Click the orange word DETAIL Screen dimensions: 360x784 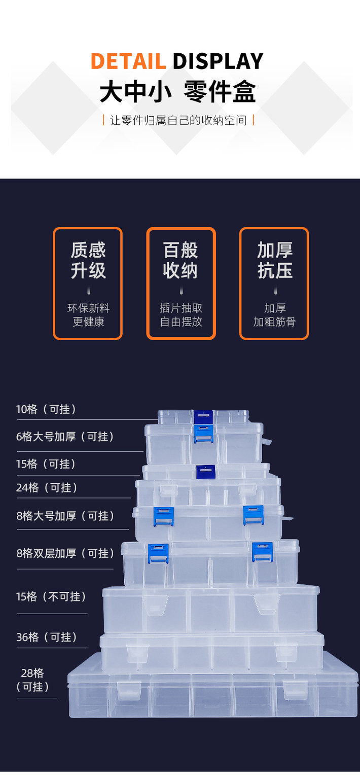[128, 61]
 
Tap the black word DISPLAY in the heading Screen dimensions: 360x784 [218, 61]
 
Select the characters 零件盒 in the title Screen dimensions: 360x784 [220, 92]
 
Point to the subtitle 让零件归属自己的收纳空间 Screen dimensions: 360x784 [178, 121]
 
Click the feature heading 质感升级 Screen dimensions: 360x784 [88, 260]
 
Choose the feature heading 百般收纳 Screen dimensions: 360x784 [181, 260]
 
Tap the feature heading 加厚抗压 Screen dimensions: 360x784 [274, 260]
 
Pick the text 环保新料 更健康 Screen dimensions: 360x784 [88, 315]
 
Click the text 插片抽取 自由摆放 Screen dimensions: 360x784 [181, 315]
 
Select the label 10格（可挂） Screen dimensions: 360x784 [47, 409]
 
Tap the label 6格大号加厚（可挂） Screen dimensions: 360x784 [65, 437]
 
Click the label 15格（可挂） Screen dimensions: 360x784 [47, 464]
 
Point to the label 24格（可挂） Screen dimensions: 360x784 [47, 488]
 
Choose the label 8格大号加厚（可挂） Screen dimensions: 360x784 [66, 516]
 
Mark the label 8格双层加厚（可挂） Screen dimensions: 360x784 [66, 553]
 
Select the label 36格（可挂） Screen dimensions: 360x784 [47, 637]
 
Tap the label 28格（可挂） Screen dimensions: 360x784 [33, 680]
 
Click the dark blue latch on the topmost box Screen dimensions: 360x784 [203, 417]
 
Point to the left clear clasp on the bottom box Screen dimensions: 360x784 [129, 690]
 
